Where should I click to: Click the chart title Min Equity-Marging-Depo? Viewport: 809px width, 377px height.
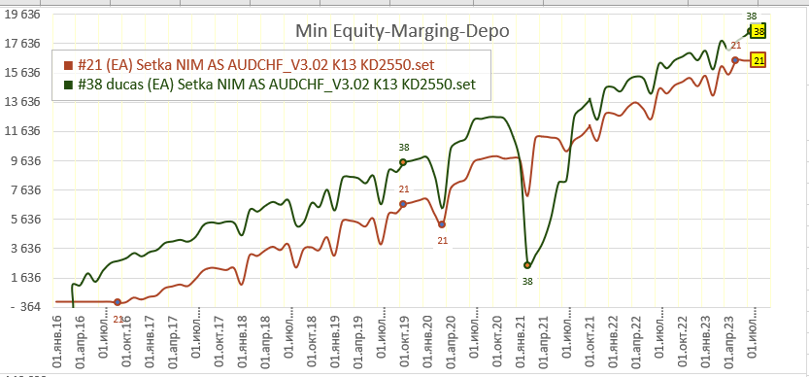pyautogui.click(x=402, y=31)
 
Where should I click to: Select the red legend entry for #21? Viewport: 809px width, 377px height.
pyautogui.click(x=249, y=64)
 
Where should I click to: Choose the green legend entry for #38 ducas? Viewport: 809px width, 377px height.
pyautogui.click(x=269, y=85)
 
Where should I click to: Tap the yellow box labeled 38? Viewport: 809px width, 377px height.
pyautogui.click(x=758, y=31)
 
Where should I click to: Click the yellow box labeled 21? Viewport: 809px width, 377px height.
pyautogui.click(x=758, y=60)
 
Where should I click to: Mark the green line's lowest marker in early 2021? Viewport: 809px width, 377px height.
pyautogui.click(x=527, y=265)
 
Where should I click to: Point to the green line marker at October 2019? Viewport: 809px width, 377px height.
pyautogui.click(x=403, y=162)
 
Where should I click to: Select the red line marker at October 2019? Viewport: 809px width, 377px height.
pyautogui.click(x=403, y=204)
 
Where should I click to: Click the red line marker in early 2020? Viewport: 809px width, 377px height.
pyautogui.click(x=442, y=224)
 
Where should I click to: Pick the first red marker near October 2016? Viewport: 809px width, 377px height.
pyautogui.click(x=118, y=301)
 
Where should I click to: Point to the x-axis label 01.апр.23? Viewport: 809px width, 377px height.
pyautogui.click(x=730, y=337)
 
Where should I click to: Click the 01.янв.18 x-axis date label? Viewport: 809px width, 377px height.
pyautogui.click(x=242, y=337)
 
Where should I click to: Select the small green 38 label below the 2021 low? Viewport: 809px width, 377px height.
pyautogui.click(x=527, y=282)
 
